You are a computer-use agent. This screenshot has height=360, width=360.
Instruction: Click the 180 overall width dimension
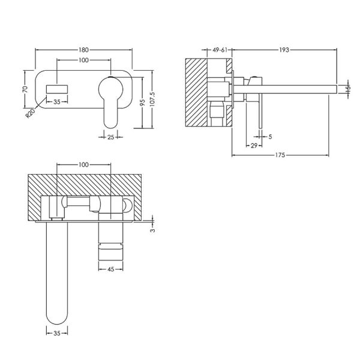click(83, 50)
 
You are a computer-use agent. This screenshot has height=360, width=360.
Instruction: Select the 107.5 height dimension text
click(152, 99)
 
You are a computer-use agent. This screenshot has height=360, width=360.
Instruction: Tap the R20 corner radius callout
click(30, 113)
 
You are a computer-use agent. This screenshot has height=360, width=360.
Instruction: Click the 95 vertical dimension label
click(142, 103)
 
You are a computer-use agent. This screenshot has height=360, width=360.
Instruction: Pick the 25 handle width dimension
click(110, 137)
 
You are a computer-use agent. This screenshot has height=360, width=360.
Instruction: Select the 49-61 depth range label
click(220, 50)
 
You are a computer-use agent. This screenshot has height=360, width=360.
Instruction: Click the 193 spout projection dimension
click(284, 50)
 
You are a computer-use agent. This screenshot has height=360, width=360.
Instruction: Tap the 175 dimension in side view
click(280, 155)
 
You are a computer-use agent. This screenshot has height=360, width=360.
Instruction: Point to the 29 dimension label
click(254, 146)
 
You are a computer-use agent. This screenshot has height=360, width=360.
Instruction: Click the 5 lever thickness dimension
click(270, 137)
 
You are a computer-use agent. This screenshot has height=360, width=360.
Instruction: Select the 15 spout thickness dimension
click(348, 89)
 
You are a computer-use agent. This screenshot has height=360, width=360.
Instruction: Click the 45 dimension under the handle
click(110, 269)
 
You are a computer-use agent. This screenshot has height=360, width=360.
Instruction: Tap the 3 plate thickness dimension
click(152, 230)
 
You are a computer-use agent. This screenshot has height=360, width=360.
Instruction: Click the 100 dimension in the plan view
click(83, 164)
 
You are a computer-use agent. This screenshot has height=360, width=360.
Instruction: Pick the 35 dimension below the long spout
click(57, 333)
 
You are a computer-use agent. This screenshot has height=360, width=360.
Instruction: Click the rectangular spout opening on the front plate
click(57, 89)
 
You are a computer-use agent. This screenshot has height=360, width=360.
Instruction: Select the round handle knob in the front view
click(110, 89)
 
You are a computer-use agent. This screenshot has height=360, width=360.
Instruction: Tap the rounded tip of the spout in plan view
click(57, 320)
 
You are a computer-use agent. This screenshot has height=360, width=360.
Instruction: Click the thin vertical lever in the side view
click(260, 112)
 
